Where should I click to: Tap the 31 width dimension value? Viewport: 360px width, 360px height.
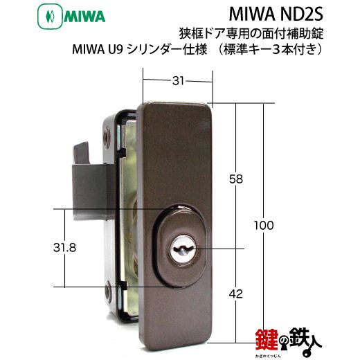(x=178, y=80)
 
